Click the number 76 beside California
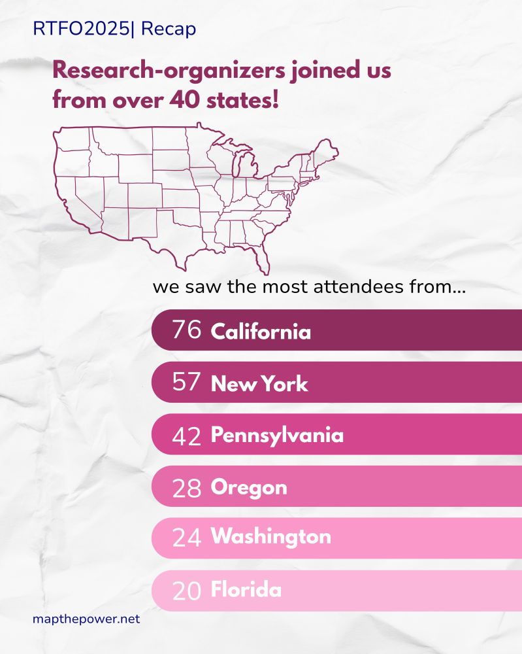[186, 330]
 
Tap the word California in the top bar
[261, 332]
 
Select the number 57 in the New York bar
[186, 383]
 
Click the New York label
[259, 384]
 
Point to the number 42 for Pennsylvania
[186, 436]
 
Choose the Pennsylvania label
[277, 436]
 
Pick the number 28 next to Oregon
[186, 488]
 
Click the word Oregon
[249, 488]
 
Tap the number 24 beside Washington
[186, 538]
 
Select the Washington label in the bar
[270, 537]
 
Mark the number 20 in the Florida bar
[186, 591]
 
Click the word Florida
[246, 590]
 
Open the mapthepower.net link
[86, 619]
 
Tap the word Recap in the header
[168, 30]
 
